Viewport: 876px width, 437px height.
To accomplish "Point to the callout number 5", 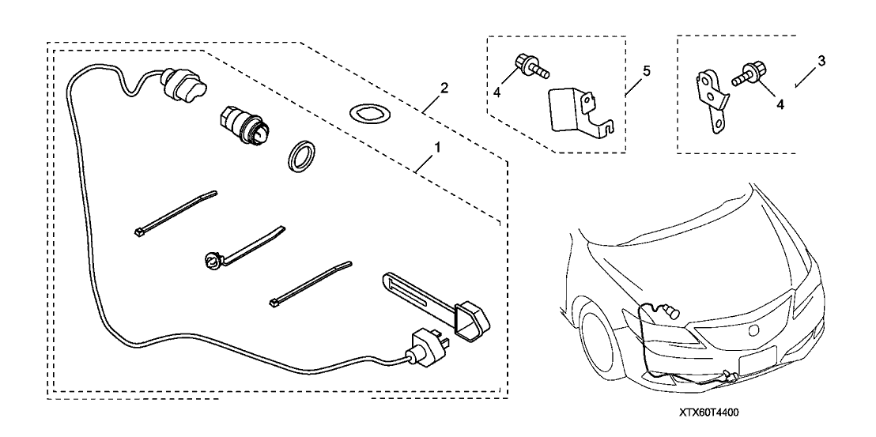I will point(646,71).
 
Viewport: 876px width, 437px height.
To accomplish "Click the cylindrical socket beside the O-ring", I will point(249,123).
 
